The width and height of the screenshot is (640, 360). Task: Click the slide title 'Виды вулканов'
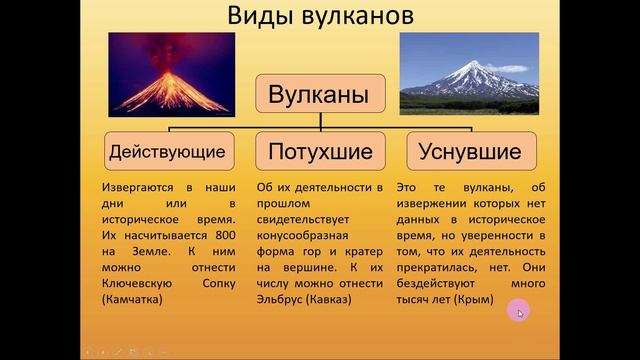pyautogui.click(x=319, y=19)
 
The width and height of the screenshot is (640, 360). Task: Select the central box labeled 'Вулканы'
pyautogui.click(x=319, y=96)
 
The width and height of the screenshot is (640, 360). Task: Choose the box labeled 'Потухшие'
pyautogui.click(x=319, y=153)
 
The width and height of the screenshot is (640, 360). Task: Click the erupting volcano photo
pyautogui.click(x=170, y=74)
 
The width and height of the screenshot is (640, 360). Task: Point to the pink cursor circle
pyautogui.click(x=519, y=312)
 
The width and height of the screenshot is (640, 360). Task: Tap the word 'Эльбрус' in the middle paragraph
pyautogui.click(x=283, y=298)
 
